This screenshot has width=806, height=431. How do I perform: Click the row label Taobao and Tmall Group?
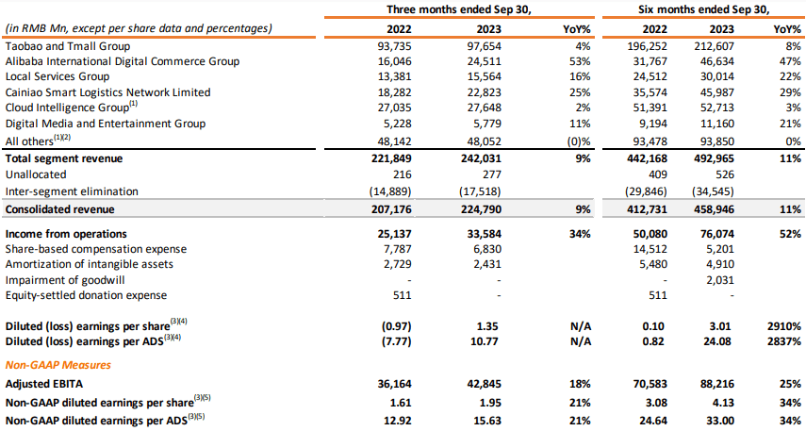point(67,45)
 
